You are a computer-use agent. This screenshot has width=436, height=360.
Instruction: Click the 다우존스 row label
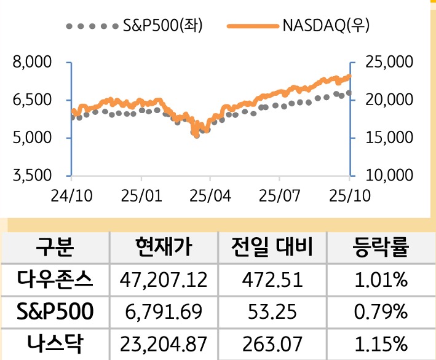coord(55,280)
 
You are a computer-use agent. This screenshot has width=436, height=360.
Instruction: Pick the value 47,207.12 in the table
coord(163,281)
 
